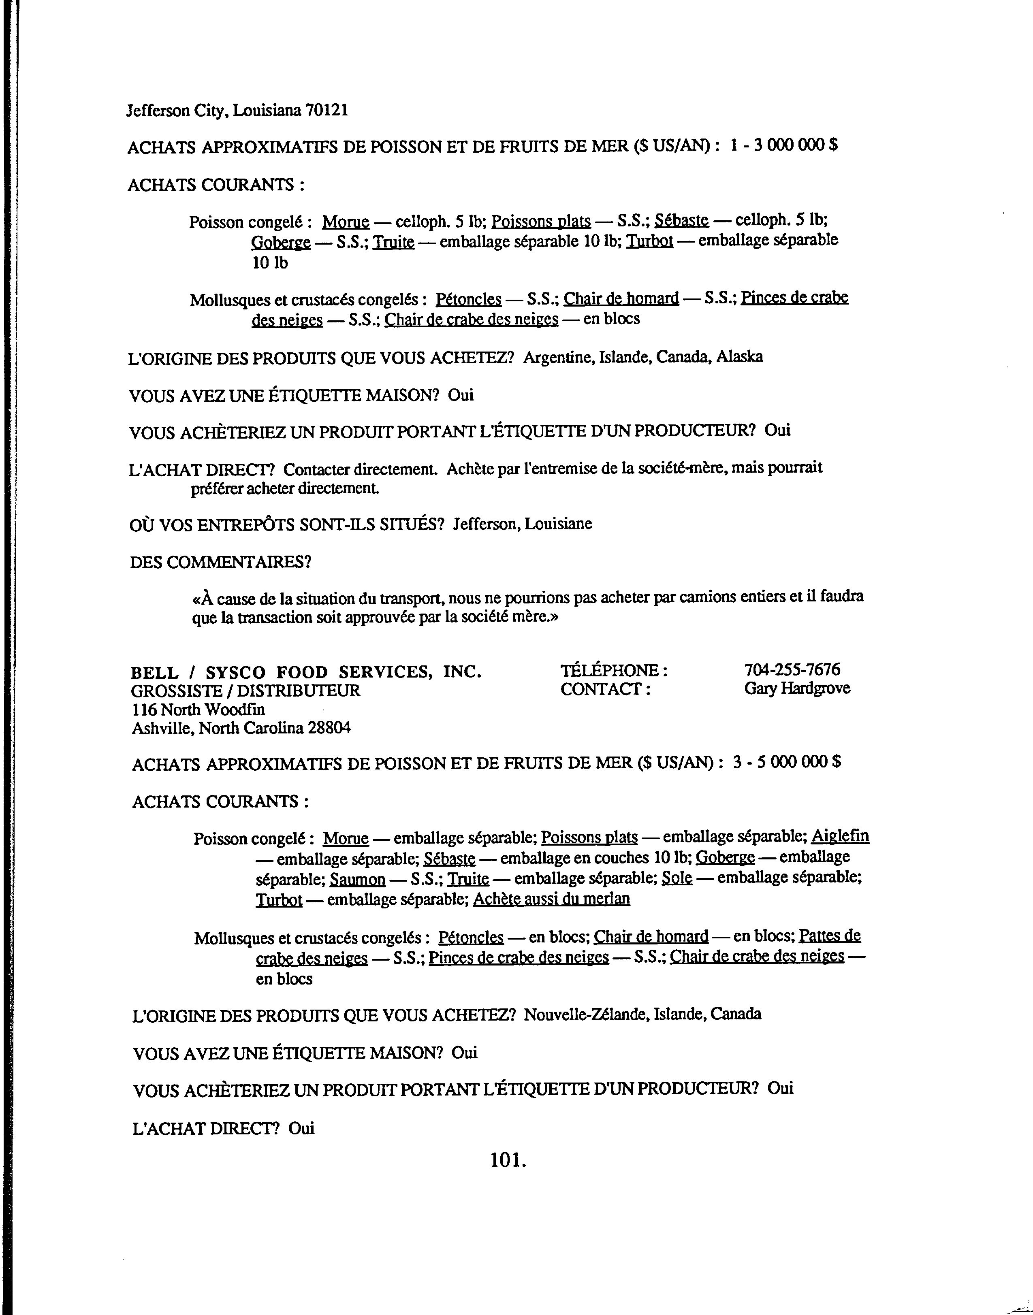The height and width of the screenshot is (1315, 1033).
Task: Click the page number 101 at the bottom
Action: pos(508,1159)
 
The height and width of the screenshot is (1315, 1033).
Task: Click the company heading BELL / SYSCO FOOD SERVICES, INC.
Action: pos(306,672)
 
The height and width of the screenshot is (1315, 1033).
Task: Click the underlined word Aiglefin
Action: pos(840,836)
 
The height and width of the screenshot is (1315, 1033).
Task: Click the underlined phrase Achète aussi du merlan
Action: pos(551,899)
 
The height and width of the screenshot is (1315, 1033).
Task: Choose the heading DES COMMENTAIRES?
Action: pos(220,562)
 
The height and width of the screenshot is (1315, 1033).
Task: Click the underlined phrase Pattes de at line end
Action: pos(830,936)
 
